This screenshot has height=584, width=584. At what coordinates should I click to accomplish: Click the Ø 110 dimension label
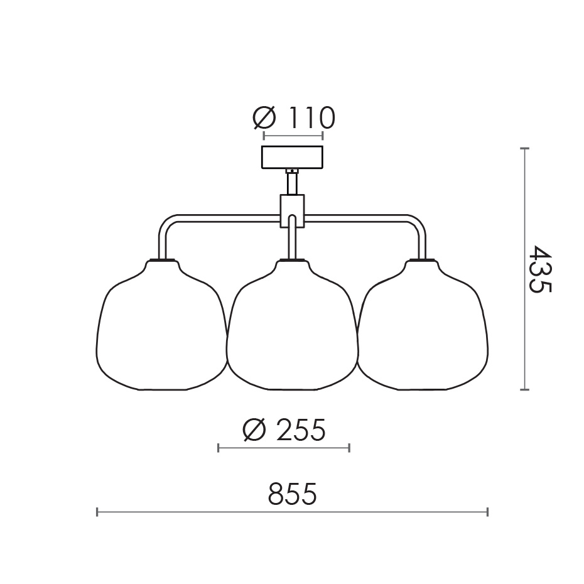293,117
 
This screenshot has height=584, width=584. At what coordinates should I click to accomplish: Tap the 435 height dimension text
539,269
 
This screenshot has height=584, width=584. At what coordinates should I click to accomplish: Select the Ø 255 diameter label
284,430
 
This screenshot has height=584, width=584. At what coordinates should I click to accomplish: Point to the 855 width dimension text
292,494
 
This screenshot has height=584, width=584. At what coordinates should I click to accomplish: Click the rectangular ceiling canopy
292,157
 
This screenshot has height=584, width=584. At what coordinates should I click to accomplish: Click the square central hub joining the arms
292,210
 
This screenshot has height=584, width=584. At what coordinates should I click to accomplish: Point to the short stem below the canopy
292,183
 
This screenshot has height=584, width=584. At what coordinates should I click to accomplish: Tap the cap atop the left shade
162,259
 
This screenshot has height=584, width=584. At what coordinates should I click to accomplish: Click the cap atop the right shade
423,259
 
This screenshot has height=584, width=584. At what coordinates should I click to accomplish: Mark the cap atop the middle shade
292,259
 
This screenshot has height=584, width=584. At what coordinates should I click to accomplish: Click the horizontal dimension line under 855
292,512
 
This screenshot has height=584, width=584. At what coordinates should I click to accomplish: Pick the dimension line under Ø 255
284,448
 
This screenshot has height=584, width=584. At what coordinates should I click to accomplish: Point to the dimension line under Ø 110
293,136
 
